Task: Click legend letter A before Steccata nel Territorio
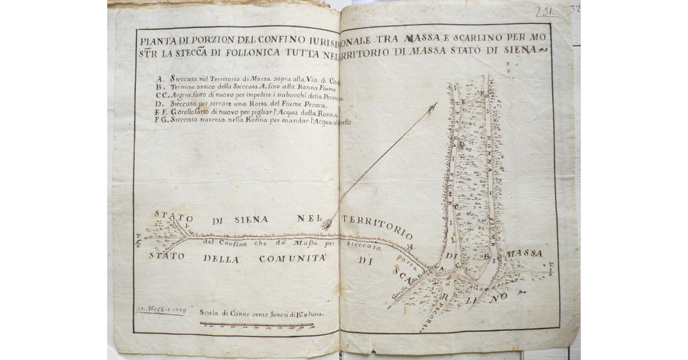158,77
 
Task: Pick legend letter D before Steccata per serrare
158,104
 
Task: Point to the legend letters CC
159,95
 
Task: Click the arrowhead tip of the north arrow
436,104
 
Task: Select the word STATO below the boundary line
166,256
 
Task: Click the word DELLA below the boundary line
221,258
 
